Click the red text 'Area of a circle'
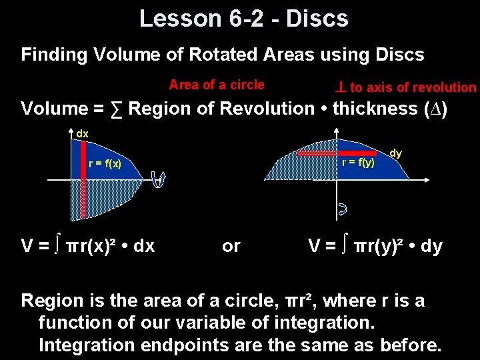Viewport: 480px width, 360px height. (x=217, y=85)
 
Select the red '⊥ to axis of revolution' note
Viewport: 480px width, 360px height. (x=405, y=87)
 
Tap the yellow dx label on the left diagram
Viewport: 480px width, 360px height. (x=82, y=134)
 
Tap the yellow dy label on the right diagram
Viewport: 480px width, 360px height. (x=395, y=153)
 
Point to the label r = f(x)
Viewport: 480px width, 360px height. (x=105, y=164)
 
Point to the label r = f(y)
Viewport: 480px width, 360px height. (x=358, y=162)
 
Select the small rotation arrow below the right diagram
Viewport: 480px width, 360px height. (x=342, y=211)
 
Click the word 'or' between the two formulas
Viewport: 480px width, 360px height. (x=231, y=246)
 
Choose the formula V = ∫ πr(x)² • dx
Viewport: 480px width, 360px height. (x=88, y=246)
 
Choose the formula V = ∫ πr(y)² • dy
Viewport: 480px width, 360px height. (x=375, y=246)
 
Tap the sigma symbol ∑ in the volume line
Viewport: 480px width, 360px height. (x=117, y=109)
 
